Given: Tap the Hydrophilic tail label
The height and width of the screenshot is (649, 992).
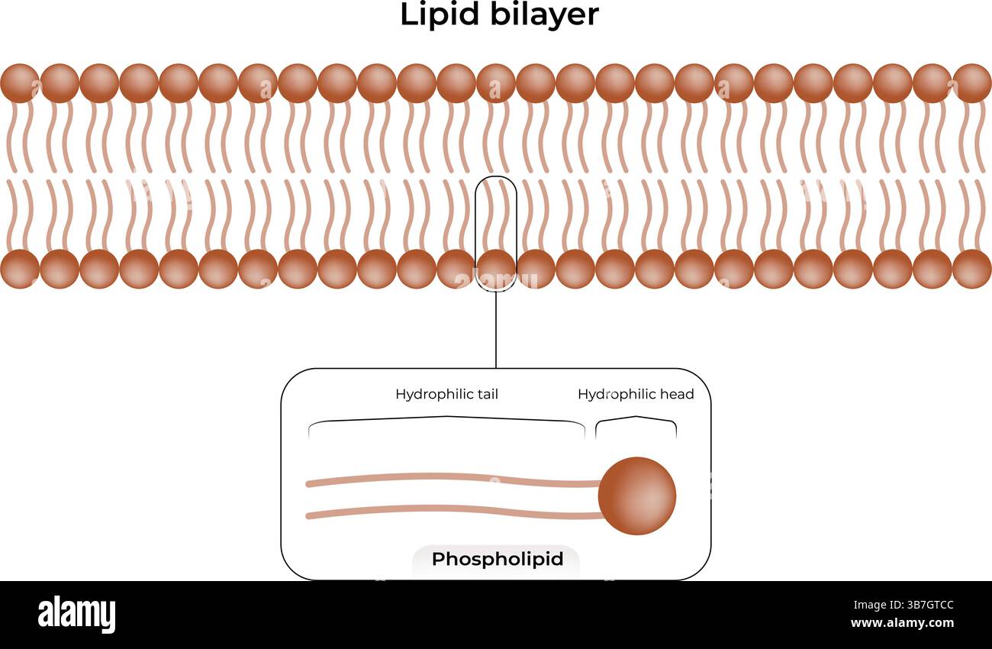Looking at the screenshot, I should [x=446, y=394].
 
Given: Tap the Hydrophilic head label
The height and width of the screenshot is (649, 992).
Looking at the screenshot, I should [x=636, y=394].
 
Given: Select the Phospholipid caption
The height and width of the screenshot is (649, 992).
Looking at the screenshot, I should [x=497, y=559].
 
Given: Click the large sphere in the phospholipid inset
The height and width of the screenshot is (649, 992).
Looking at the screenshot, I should [x=637, y=496].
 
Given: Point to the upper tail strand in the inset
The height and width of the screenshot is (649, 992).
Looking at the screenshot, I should [x=450, y=479].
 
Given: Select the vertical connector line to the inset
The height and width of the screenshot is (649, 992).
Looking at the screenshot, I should [x=496, y=328].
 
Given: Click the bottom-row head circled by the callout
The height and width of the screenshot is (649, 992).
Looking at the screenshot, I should [x=496, y=269].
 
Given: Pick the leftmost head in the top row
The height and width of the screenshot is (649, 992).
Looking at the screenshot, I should [x=19, y=83].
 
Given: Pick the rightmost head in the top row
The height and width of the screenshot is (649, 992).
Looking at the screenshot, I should [x=972, y=83].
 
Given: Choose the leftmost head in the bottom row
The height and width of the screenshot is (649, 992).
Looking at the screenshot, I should [x=19, y=269].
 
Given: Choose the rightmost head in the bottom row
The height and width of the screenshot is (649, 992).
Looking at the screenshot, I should [x=972, y=269].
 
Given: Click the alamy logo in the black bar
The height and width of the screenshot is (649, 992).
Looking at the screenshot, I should [x=76, y=615].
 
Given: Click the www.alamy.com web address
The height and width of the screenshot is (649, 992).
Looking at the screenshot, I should [x=902, y=624].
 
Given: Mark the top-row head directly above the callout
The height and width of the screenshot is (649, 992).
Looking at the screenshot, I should [x=496, y=83].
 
